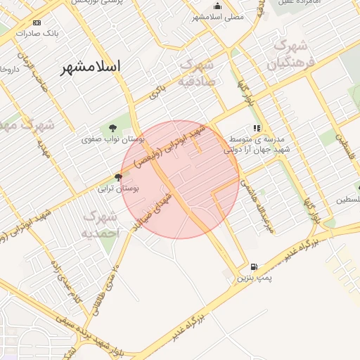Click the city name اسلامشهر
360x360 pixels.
(x=91, y=67)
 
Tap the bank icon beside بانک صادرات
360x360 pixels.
(x=37, y=22)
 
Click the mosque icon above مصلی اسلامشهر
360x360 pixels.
(x=217, y=6)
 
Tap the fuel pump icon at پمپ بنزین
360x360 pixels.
(x=254, y=267)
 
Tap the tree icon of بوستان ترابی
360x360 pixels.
(x=118, y=177)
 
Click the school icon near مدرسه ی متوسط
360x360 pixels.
(x=257, y=129)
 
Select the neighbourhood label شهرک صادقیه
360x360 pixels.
(x=201, y=72)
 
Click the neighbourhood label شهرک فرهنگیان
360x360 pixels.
(x=288, y=55)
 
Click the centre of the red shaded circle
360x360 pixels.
(x=180, y=179)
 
